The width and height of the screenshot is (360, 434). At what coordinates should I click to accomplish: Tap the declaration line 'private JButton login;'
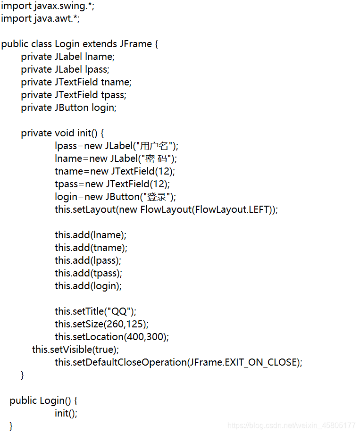68,108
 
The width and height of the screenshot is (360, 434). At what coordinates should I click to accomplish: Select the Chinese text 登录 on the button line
157,197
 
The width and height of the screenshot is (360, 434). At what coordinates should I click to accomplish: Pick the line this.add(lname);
90,235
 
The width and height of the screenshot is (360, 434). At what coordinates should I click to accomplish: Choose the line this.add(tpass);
88,273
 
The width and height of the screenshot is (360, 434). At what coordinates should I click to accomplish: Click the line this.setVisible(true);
75,350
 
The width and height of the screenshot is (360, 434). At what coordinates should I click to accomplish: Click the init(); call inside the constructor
66,413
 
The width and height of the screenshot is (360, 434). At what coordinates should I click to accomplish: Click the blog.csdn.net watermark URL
291,426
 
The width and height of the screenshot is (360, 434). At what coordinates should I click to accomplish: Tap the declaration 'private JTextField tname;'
76,82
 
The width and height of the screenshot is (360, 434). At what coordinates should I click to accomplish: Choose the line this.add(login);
88,286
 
